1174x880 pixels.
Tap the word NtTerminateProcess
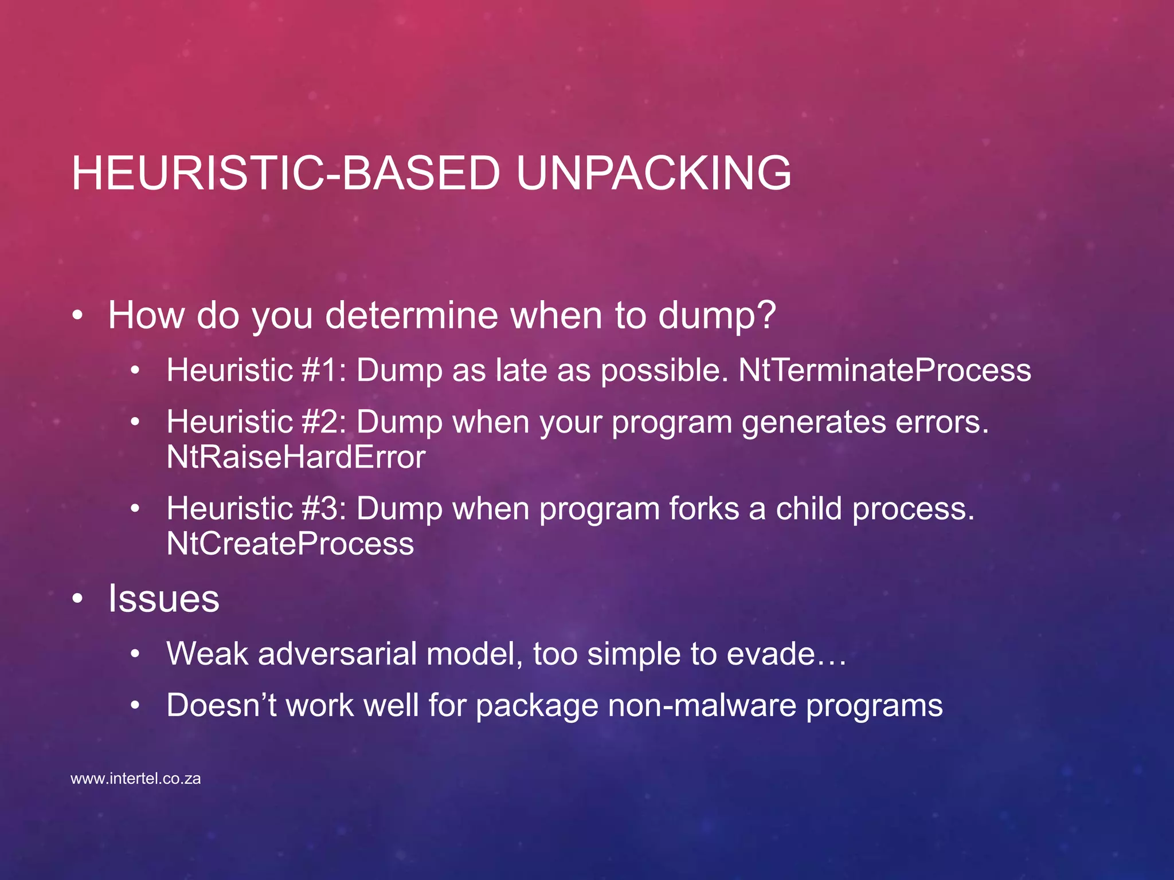click(885, 370)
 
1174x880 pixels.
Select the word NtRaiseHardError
click(296, 457)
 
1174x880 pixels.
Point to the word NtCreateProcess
click(290, 544)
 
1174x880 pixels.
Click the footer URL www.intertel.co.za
click(136, 779)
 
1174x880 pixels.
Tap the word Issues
click(164, 598)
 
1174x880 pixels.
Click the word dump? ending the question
click(717, 315)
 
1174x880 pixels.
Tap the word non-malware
click(702, 705)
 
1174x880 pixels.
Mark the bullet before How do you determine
click(78, 316)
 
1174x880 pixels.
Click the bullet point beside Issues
click(78, 599)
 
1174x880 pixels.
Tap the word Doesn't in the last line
click(221, 705)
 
